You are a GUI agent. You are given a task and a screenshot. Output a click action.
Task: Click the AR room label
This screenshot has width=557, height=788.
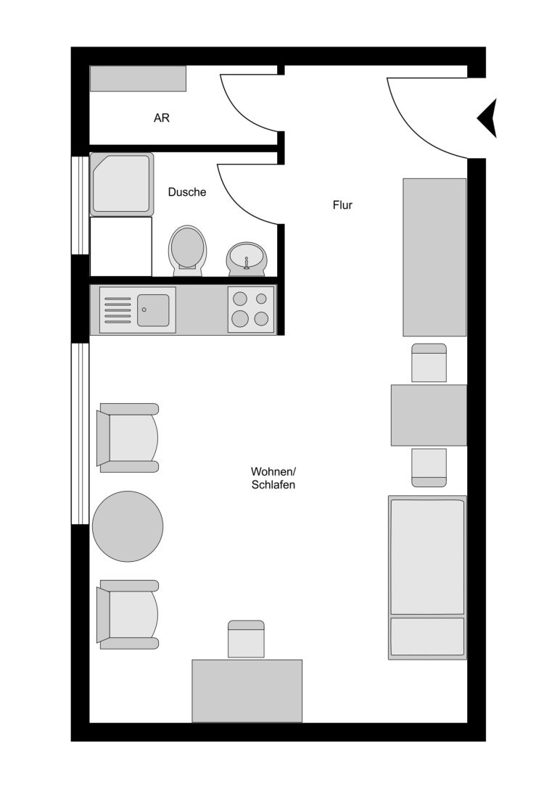[x=161, y=118]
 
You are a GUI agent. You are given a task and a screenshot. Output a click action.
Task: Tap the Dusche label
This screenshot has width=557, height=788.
[x=187, y=192]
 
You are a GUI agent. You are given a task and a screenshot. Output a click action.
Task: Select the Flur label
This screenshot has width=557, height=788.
[x=342, y=205]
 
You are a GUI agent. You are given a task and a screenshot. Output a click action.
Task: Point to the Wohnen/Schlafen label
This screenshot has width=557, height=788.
[x=273, y=478]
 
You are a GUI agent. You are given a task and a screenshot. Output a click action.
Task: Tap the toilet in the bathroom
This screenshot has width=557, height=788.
[x=188, y=251]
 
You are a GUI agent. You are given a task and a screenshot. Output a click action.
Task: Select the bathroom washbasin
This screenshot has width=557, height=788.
[x=247, y=260]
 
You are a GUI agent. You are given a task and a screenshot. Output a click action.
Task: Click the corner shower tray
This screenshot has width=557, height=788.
[x=122, y=184]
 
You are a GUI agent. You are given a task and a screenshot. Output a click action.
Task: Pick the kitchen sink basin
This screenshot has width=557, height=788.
[x=153, y=310]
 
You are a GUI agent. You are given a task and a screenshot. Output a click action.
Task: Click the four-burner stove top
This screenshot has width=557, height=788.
[x=251, y=310]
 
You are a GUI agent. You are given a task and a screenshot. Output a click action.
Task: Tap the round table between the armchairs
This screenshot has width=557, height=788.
[x=128, y=526]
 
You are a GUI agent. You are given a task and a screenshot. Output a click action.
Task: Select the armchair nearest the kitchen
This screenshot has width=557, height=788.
[x=128, y=438]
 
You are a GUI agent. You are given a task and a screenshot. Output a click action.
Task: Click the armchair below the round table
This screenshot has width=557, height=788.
[x=128, y=614]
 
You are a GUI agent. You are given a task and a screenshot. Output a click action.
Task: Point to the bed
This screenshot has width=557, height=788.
[x=427, y=578]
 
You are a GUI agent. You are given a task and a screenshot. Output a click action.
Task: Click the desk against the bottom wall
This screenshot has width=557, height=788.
[x=247, y=691]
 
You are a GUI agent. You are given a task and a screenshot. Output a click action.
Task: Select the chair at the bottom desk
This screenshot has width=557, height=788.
[x=246, y=639]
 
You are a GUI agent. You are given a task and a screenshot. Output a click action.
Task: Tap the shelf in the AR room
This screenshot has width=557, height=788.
[x=138, y=78]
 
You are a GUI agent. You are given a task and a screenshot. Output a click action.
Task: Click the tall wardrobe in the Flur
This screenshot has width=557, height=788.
[x=434, y=257]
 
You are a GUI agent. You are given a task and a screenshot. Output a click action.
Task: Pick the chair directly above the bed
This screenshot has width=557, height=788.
[x=429, y=468]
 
